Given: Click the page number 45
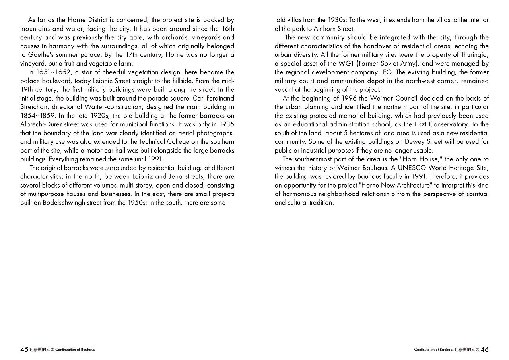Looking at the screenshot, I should tap(24, 350).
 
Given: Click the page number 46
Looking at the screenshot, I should tap(484, 350).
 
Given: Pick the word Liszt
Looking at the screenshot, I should tap(410, 124).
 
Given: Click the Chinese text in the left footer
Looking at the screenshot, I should tap(42, 350).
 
